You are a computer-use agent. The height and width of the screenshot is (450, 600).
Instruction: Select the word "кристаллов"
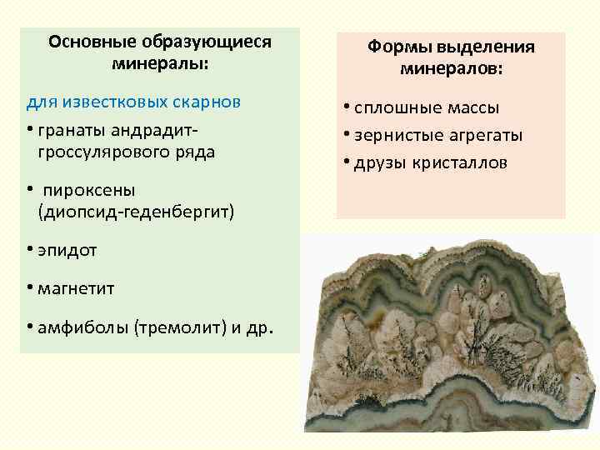(458, 162)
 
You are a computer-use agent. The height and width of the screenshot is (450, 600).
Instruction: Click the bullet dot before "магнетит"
(28, 288)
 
